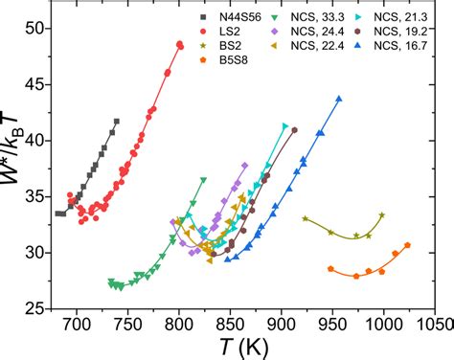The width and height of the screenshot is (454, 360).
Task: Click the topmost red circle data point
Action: tap(180, 44)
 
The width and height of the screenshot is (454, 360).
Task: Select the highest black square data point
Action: tap(117, 121)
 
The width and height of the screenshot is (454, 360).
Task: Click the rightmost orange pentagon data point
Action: tap(407, 245)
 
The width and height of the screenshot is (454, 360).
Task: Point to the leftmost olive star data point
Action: tap(306, 219)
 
